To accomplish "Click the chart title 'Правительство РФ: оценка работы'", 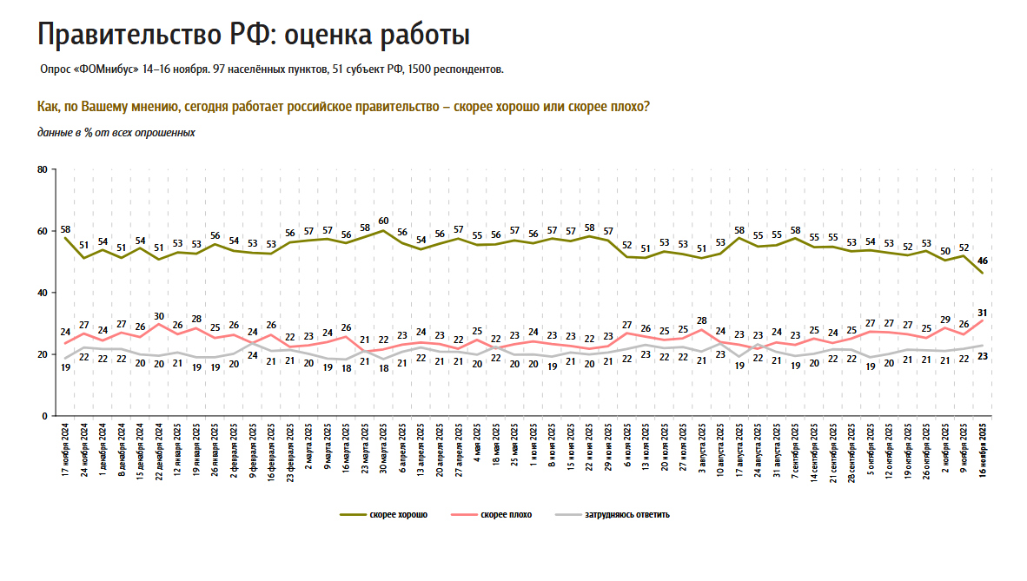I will point(254,35).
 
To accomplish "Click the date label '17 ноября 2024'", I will point(66,451).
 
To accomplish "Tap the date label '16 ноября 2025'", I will point(983,451).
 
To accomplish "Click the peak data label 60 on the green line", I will point(383,221).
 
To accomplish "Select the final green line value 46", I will point(983,261).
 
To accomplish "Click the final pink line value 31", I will point(983,313).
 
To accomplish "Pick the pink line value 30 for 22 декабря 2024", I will point(158,316).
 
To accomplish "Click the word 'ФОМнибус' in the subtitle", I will point(106,69).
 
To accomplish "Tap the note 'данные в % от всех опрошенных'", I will point(116,133).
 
